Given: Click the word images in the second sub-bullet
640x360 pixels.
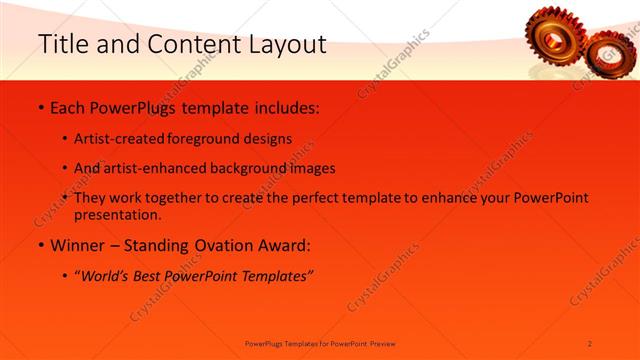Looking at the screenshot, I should click(310, 168).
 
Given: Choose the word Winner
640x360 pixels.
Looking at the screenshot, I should click(81, 245).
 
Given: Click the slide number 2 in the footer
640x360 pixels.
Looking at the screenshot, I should click(590, 343).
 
